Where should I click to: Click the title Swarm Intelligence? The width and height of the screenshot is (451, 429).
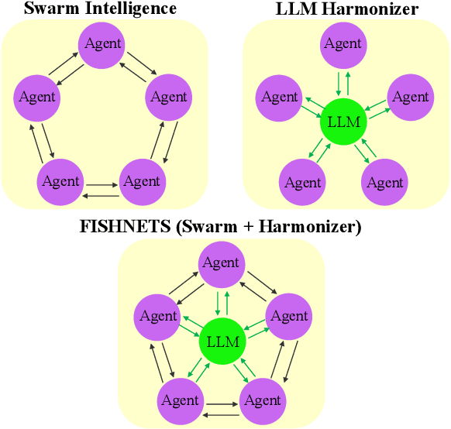[x=101, y=9]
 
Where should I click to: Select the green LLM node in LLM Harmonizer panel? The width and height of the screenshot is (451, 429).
[x=343, y=122]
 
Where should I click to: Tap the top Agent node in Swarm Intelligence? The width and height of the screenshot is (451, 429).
[x=103, y=44]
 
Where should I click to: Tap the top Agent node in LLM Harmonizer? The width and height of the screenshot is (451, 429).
[x=343, y=44]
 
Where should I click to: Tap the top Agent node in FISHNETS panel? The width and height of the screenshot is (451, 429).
[x=221, y=263]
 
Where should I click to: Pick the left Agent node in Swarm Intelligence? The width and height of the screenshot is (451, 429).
[x=36, y=98]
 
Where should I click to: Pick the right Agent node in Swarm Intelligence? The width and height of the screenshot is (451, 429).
[x=169, y=98]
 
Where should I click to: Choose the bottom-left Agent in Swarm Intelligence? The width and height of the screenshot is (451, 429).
[x=60, y=181]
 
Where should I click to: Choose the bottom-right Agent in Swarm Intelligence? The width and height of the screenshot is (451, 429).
[x=142, y=181]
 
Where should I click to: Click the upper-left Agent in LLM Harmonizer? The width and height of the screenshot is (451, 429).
[x=280, y=98]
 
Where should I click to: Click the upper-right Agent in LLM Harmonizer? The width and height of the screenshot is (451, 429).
[x=410, y=98]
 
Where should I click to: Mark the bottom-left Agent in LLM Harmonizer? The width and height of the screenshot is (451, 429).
[x=302, y=183]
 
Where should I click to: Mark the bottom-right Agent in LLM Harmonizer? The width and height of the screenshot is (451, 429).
[x=385, y=183]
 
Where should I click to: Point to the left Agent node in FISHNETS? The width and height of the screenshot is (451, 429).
[x=158, y=316]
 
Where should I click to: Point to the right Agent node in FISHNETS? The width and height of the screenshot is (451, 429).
[x=289, y=316]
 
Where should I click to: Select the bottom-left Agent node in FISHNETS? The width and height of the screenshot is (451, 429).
[x=181, y=400]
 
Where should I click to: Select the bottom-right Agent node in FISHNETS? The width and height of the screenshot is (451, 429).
[x=263, y=400]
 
